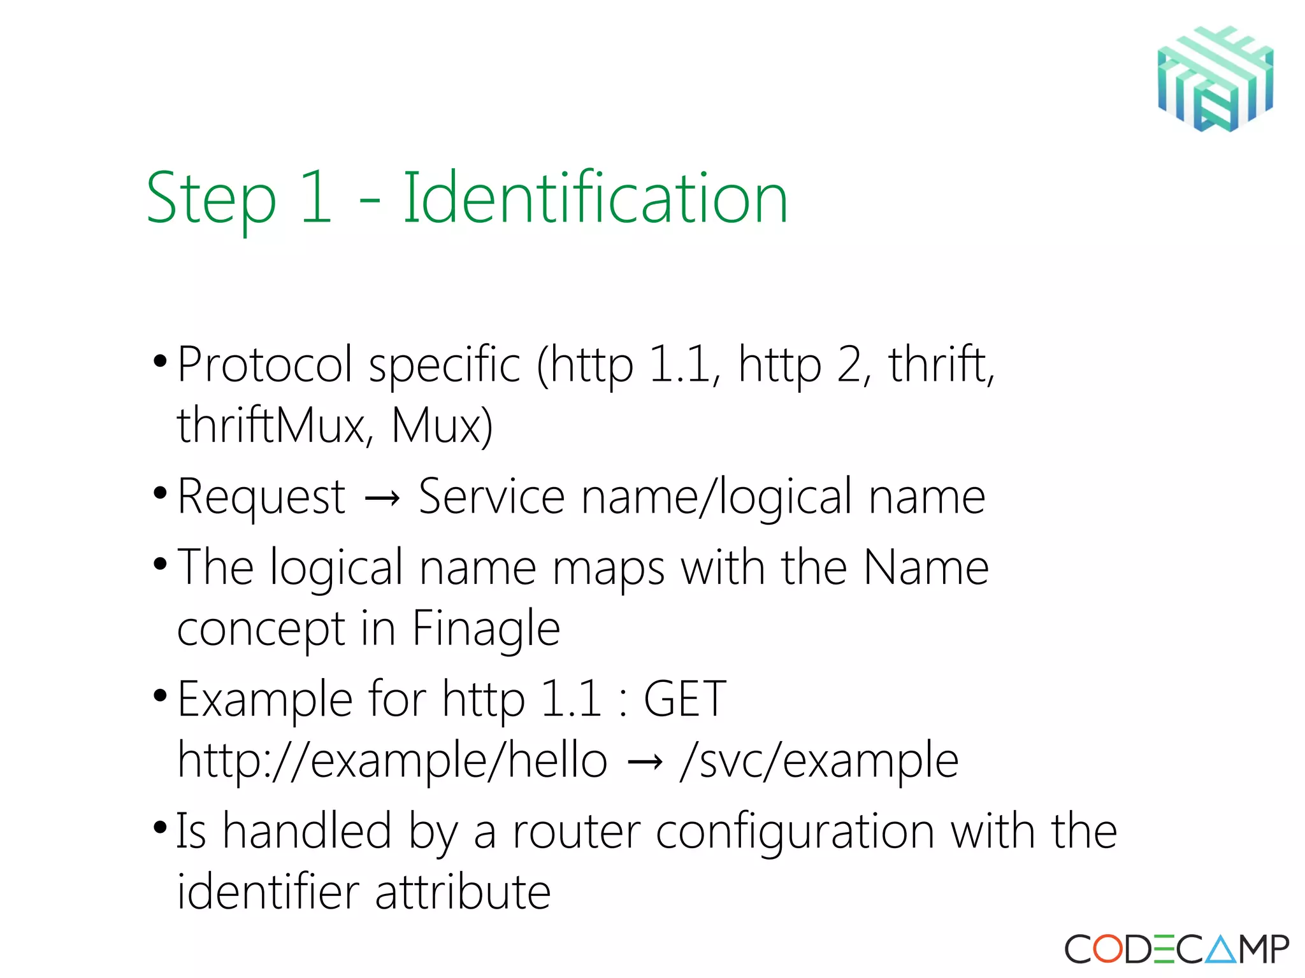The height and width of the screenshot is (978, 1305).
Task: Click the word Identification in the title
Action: tap(595, 198)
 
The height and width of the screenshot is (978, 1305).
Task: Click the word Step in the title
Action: tap(211, 199)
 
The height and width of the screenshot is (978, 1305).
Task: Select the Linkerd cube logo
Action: tap(1215, 79)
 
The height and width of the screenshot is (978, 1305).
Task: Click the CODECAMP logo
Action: tap(1176, 949)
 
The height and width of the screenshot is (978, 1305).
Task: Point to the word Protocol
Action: tap(264, 364)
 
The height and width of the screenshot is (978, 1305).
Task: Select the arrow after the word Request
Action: tap(382, 498)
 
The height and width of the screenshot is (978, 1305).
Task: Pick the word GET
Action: tap(685, 698)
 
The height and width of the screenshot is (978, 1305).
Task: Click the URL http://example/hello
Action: tap(392, 760)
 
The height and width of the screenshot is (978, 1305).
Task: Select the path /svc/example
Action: tap(819, 760)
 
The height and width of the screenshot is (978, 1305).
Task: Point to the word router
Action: tap(576, 832)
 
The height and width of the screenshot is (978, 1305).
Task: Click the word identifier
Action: tap(268, 891)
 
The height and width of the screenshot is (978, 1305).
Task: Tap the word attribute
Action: tap(463, 891)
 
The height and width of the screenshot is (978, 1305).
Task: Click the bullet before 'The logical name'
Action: tap(161, 564)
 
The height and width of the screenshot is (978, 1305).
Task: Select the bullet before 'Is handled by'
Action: tap(161, 828)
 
